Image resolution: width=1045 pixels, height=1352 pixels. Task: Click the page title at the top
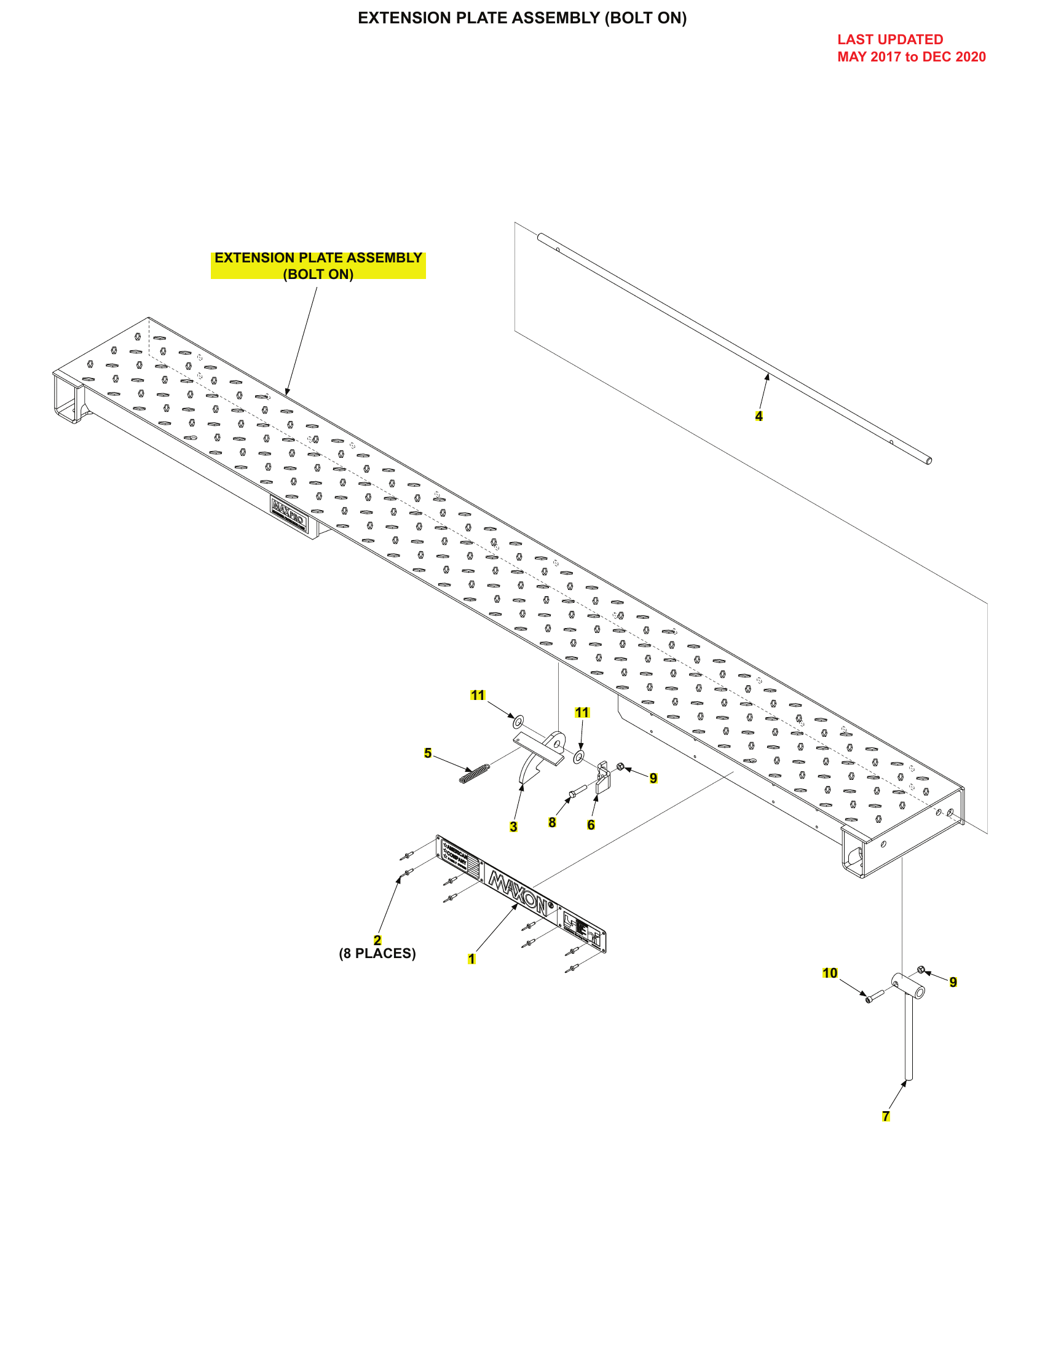522,18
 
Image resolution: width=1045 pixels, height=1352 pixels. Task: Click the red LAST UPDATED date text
910,49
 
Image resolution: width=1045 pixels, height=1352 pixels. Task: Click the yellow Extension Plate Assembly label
318,265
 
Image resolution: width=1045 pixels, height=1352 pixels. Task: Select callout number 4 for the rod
759,416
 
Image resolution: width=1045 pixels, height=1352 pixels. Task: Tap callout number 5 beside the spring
428,753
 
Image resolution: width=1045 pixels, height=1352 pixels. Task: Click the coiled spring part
475,773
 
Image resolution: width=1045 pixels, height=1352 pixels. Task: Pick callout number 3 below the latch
513,827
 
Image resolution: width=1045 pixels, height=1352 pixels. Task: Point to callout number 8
552,822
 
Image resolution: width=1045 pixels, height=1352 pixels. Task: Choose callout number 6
591,825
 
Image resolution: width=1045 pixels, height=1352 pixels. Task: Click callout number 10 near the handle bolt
830,973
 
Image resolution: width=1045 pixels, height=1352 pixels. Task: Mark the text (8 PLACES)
377,953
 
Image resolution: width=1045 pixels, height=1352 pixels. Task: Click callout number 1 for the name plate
471,959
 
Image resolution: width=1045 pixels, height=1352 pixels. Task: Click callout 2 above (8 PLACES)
377,940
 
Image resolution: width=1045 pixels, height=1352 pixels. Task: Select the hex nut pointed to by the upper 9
620,767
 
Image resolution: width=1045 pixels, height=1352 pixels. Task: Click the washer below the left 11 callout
518,721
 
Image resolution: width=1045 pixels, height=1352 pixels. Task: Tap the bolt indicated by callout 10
875,996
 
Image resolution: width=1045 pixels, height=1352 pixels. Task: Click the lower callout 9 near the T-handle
953,982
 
